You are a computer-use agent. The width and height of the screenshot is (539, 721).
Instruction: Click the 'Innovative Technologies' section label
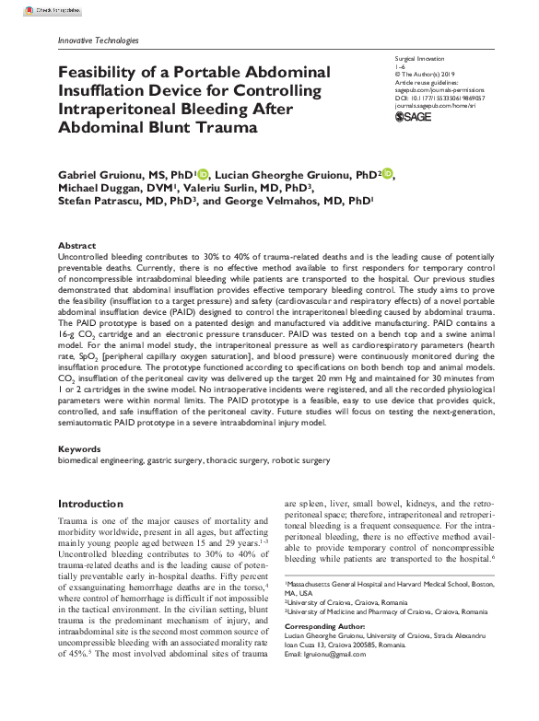[x=98, y=41]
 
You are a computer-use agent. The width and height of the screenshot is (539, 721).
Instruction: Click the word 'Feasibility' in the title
[x=101, y=73]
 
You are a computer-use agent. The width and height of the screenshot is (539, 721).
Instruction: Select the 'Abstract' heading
[x=76, y=246]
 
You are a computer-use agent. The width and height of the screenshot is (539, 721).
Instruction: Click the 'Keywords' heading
[x=79, y=448]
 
